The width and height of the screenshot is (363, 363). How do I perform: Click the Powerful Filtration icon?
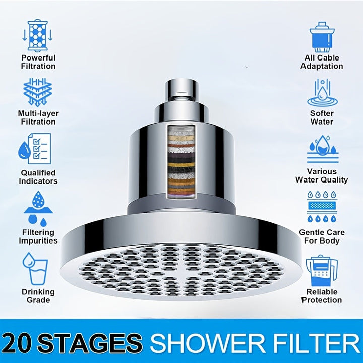(38, 36)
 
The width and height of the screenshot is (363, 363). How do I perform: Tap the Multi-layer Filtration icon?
(38, 92)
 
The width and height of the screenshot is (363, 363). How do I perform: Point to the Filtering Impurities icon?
(38, 207)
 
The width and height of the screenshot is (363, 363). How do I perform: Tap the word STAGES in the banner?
(91, 342)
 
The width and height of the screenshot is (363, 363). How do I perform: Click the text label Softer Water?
(322, 117)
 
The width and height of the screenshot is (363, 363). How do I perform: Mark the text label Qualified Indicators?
(38, 177)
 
